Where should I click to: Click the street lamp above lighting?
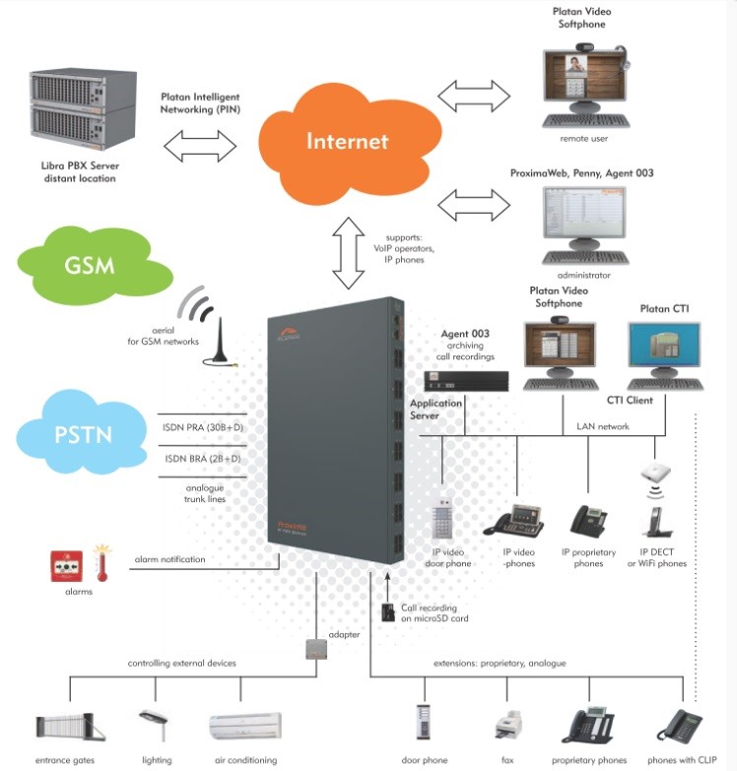(x=153, y=726)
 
